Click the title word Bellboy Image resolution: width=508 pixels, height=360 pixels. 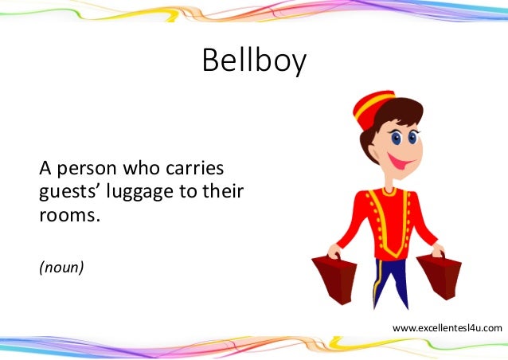[253, 61]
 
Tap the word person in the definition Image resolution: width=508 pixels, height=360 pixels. [85, 170]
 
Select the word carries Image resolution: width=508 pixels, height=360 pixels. [197, 170]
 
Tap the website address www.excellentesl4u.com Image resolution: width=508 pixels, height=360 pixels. [447, 327]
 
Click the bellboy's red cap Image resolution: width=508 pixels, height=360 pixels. [375, 108]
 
